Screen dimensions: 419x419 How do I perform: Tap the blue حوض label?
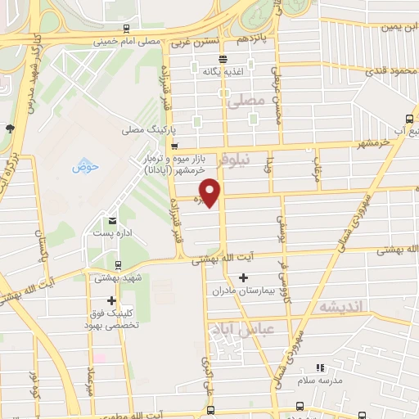click(x=85, y=167)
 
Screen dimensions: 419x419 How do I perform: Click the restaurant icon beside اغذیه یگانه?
click(x=222, y=57)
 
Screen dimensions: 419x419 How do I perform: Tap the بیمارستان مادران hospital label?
click(x=257, y=291)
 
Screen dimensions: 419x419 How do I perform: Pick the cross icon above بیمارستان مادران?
click(x=242, y=278)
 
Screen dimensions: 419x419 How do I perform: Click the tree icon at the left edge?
click(x=9, y=128)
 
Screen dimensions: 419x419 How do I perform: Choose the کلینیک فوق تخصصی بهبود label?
click(x=113, y=318)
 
